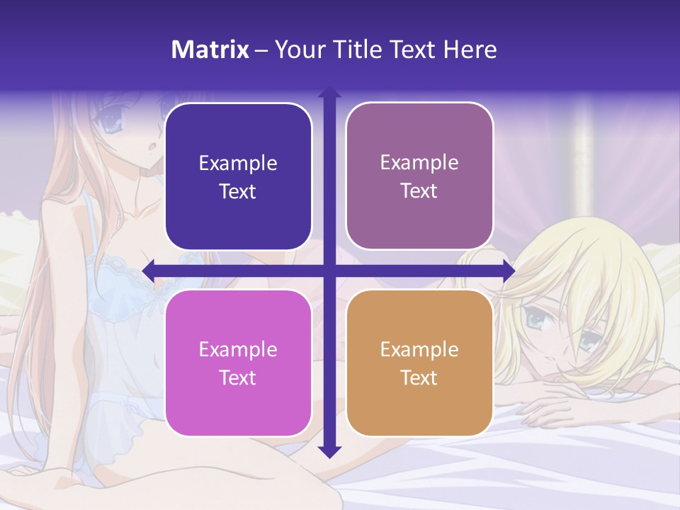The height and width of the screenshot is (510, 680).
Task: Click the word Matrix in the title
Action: [x=210, y=50]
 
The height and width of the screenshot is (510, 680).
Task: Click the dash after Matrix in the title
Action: [x=261, y=50]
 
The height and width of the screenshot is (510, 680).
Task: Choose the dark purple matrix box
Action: [x=238, y=176]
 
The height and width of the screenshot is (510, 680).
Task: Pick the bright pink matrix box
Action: [x=238, y=363]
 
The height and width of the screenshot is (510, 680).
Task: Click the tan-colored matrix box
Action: [x=419, y=363]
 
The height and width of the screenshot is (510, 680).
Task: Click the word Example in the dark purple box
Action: [x=238, y=164]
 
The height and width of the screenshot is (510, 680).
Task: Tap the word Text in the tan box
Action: [x=419, y=378]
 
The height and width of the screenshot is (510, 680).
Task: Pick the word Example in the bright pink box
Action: [x=238, y=349]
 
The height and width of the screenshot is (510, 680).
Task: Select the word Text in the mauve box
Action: [x=419, y=191]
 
